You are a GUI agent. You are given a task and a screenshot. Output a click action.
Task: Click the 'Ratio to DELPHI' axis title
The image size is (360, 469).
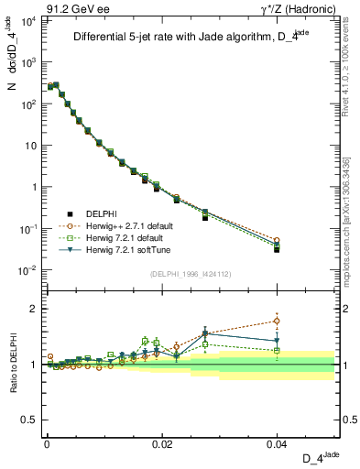[13, 363]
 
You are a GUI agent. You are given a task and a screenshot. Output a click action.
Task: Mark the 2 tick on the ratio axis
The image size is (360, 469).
[33, 309]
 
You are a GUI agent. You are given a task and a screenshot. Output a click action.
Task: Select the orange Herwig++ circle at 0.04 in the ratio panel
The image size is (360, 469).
[277, 321]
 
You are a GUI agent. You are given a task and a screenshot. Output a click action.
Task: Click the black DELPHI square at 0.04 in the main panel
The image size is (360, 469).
[277, 249]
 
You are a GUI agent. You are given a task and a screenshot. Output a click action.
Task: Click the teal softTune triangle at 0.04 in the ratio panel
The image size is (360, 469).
[277, 341]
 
